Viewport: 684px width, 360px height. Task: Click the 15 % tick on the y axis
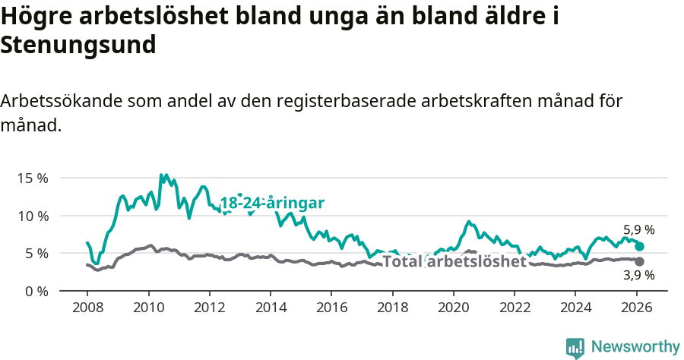coord(33,178)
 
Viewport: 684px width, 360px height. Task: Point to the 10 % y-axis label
coord(33,216)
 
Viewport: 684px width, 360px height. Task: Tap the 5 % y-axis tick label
coord(36,253)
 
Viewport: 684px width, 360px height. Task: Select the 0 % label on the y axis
coord(36,291)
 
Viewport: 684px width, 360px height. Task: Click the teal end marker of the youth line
coord(640,246)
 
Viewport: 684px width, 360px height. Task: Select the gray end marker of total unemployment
coord(640,261)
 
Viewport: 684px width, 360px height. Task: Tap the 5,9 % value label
coord(638,229)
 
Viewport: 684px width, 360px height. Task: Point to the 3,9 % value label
coord(638,276)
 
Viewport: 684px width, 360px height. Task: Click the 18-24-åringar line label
coord(272,203)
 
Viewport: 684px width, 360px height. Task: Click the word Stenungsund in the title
coord(78,45)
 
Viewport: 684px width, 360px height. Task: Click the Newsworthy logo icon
coord(575,347)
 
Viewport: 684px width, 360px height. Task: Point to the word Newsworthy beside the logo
coord(635,347)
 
